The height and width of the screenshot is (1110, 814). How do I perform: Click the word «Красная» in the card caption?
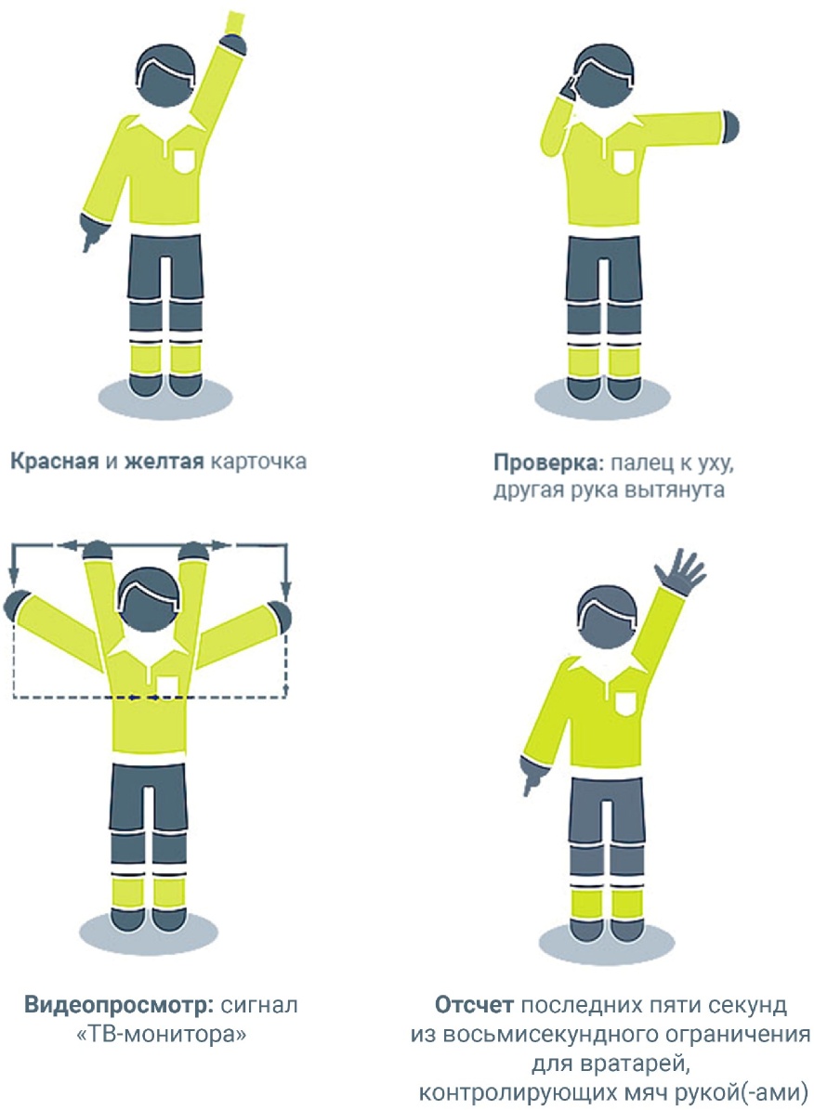point(54,462)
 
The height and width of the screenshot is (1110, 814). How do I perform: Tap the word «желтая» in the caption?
point(164,462)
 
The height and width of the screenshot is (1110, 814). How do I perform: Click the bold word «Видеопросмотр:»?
point(119,1005)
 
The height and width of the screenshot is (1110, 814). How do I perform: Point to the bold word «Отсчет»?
point(474,1005)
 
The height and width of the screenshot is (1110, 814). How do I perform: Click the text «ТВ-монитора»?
point(161,1035)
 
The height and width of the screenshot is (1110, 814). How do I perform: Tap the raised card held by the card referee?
point(233,21)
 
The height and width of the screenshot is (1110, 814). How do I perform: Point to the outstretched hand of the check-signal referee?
point(729,126)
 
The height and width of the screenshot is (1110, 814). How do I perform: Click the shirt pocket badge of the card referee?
point(185,161)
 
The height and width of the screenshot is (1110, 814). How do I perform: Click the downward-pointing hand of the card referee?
point(91,230)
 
